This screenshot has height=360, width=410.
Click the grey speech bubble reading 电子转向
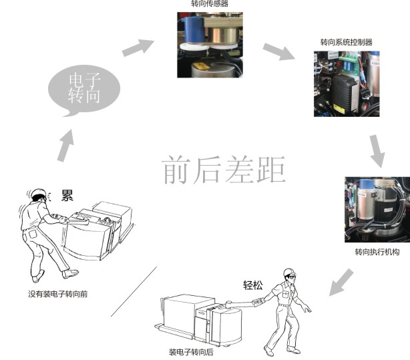point(84,89)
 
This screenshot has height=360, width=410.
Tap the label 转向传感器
point(210,3)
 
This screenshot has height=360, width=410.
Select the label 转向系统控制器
point(347,42)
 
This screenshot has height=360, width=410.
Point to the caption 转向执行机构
point(377,252)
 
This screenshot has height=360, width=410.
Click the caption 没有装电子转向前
point(58,294)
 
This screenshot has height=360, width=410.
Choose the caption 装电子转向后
point(191,352)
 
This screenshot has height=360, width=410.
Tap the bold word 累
point(67,195)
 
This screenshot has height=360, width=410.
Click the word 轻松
point(253,285)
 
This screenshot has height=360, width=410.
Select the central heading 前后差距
point(224,170)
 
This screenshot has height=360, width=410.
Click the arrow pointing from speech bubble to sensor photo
point(138,47)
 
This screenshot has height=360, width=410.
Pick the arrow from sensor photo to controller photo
point(278,51)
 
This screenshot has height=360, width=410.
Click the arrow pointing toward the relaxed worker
point(341,283)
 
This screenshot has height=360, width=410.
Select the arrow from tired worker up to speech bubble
point(65,146)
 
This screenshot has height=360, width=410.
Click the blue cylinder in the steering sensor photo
point(194,29)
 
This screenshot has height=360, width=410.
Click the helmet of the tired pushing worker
point(39,193)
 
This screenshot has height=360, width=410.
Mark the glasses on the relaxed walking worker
point(292,277)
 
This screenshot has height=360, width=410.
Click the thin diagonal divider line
point(134,291)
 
